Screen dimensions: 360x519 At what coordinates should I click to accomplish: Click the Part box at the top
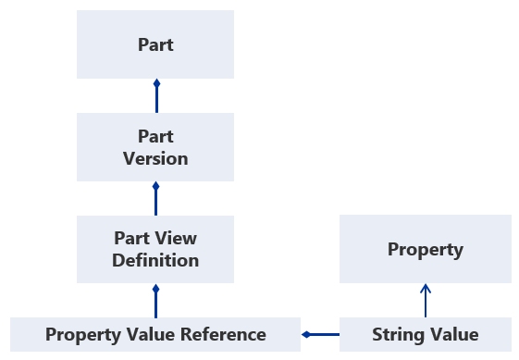tap(155, 44)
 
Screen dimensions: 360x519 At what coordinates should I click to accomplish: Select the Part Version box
tap(155, 147)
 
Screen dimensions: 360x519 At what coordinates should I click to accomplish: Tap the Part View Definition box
tap(155, 249)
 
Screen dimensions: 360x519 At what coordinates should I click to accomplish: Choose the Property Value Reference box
tap(155, 334)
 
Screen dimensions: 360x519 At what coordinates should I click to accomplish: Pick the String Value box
tap(425, 334)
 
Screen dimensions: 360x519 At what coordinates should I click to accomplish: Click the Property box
tap(425, 249)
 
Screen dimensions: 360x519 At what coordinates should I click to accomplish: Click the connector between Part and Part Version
tap(155, 96)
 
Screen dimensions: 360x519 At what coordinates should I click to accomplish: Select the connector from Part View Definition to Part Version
tap(155, 198)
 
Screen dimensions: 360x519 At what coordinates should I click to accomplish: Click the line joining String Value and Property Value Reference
tap(322, 334)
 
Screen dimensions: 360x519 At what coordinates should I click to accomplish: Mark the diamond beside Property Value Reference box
tap(306, 334)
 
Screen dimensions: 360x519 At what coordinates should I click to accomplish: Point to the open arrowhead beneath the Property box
tap(425, 288)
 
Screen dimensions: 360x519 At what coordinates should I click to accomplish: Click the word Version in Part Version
tap(155, 158)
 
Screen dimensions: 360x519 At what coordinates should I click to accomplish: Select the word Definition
tap(155, 260)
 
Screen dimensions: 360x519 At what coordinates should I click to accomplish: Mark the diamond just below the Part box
tap(155, 84)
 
